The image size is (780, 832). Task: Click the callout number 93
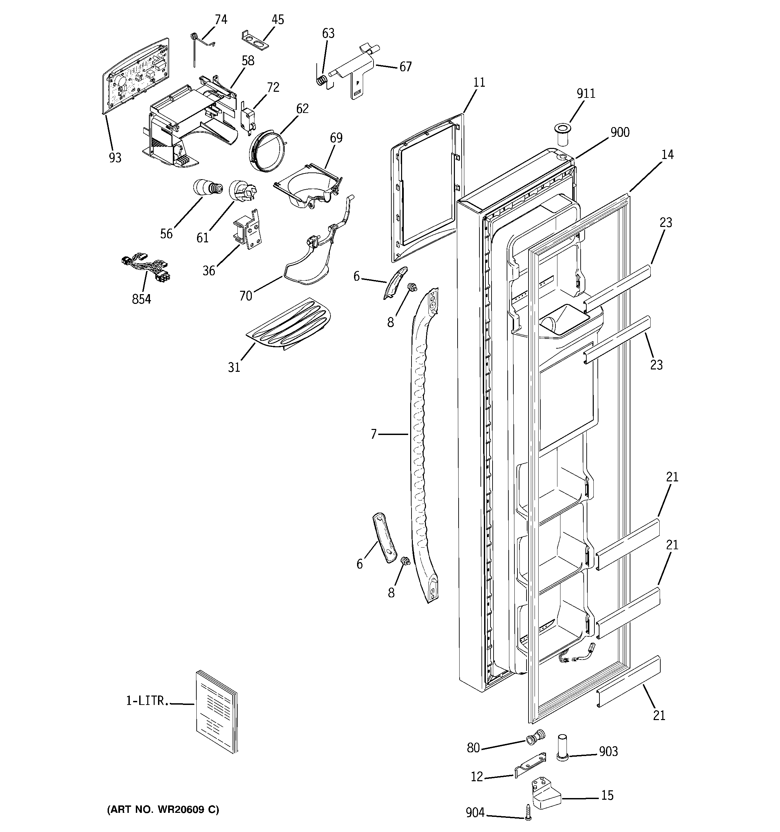point(115,158)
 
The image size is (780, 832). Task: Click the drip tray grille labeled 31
point(289,324)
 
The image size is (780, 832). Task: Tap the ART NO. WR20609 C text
point(163,809)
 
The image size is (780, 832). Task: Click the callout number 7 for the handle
point(374,434)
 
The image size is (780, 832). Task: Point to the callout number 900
point(620,132)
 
